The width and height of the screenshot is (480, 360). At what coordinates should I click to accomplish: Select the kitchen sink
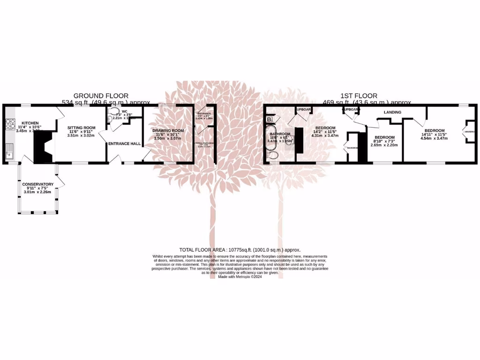[9, 151]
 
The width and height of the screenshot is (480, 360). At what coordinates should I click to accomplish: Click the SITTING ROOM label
[81, 127]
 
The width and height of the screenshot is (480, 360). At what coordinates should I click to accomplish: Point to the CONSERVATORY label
[38, 184]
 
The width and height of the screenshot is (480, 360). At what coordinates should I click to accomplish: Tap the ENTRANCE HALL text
[125, 143]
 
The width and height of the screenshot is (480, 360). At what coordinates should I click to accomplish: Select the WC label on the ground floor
[125, 112]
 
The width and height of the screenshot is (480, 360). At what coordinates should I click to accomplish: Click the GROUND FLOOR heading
[101, 96]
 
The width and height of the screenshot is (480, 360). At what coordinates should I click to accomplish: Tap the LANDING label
[392, 112]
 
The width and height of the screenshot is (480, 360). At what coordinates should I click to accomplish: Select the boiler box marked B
[270, 120]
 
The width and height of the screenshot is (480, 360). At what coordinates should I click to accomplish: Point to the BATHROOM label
[277, 134]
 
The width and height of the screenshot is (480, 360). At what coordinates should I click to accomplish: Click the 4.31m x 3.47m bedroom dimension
[324, 135]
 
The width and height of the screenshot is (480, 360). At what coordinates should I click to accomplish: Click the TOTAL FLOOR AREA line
[240, 250]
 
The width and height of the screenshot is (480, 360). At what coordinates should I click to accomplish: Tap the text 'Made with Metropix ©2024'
[240, 277]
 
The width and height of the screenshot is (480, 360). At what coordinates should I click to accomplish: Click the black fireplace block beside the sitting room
[44, 147]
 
